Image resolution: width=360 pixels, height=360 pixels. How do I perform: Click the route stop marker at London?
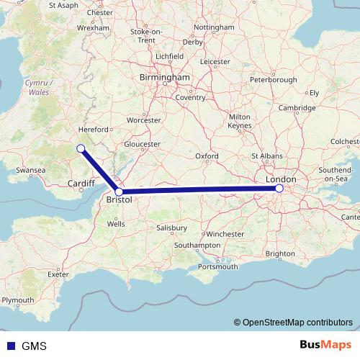279,189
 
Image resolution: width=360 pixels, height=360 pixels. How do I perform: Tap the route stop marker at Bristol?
119,192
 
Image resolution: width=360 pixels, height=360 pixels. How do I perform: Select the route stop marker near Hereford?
81,148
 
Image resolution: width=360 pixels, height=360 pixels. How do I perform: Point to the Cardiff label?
81,184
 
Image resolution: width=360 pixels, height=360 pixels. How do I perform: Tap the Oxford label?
207,156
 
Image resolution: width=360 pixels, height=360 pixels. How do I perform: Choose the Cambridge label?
297,108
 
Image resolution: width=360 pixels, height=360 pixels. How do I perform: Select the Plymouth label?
18,300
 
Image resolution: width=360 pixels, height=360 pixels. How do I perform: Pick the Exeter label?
58,274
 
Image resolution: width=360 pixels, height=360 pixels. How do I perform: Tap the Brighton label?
279,253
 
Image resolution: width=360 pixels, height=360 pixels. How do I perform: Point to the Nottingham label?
215,27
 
